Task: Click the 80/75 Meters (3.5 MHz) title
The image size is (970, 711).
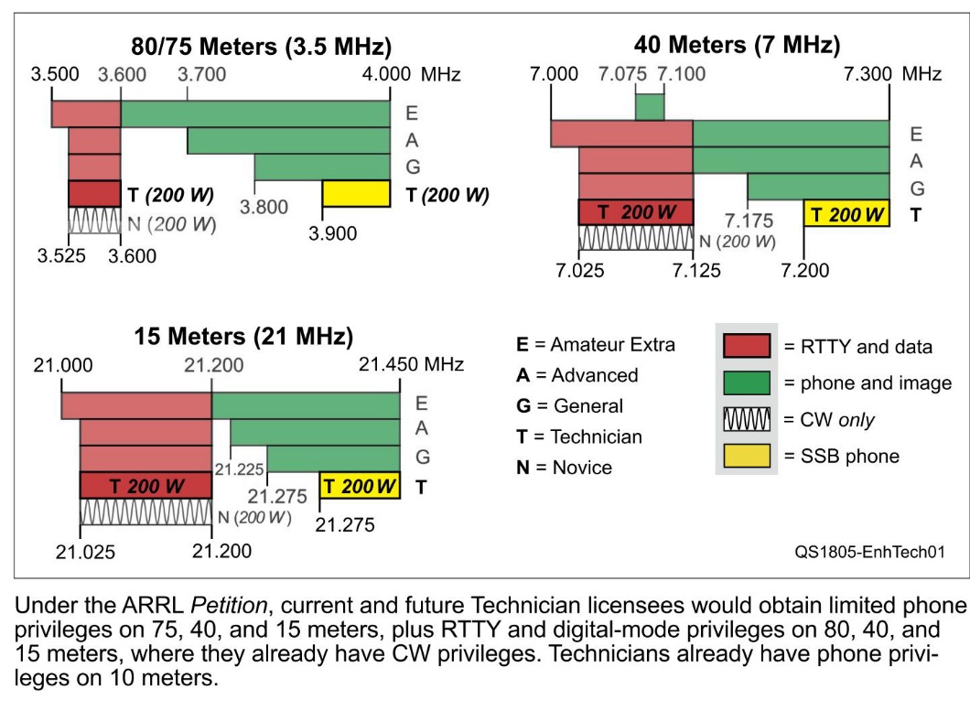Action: pyautogui.click(x=259, y=47)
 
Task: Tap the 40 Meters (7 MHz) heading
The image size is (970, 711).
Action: pyautogui.click(x=737, y=45)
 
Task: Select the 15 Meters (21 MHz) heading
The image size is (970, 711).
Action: pyautogui.click(x=243, y=336)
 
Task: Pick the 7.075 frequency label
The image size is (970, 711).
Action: pyautogui.click(x=622, y=74)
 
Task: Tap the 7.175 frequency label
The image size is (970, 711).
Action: pyautogui.click(x=749, y=221)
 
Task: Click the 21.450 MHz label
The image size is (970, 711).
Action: pyautogui.click(x=411, y=364)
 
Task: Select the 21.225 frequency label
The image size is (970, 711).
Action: pyautogui.click(x=240, y=469)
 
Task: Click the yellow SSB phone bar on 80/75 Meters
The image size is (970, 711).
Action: pyautogui.click(x=356, y=194)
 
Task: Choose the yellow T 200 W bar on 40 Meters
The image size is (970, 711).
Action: pyautogui.click(x=846, y=213)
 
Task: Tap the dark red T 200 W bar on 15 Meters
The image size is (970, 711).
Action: pyautogui.click(x=145, y=486)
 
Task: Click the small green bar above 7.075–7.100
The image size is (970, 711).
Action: pyautogui.click(x=650, y=106)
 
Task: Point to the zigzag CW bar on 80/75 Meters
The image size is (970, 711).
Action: pyautogui.click(x=94, y=221)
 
